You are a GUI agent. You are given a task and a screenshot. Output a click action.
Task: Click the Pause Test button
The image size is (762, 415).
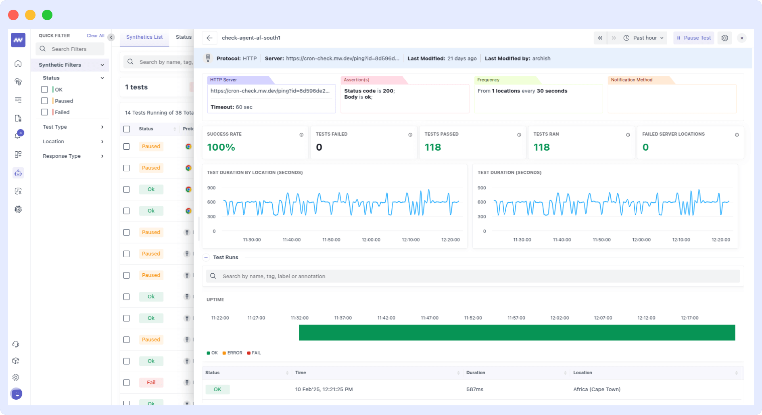pyautogui.click(x=693, y=38)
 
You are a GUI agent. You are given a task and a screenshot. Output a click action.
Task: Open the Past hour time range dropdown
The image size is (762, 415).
pyautogui.click(x=644, y=38)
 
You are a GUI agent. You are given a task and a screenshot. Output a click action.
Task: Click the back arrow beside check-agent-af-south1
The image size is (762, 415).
pyautogui.click(x=209, y=38)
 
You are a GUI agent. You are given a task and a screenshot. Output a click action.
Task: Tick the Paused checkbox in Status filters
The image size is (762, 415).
pyautogui.click(x=45, y=101)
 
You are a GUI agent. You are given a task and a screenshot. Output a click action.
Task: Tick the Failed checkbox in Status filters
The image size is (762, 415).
pyautogui.click(x=45, y=112)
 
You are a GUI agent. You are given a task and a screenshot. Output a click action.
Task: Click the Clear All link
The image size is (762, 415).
pyautogui.click(x=95, y=36)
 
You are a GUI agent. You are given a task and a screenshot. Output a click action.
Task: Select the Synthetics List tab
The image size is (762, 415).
pyautogui.click(x=144, y=37)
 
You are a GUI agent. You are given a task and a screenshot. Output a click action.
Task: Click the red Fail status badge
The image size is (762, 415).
pyautogui.click(x=151, y=382)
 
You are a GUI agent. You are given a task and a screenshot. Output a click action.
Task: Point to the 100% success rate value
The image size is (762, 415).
pyautogui.click(x=221, y=147)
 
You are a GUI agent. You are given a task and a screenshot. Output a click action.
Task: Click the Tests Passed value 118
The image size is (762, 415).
pyautogui.click(x=432, y=147)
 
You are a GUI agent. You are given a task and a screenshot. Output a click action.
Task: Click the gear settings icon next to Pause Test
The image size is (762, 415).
pyautogui.click(x=724, y=38)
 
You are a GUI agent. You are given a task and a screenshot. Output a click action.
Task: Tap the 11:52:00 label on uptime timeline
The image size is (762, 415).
pyautogui.click(x=473, y=318)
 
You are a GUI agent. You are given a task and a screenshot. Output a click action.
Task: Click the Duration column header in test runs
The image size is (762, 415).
pyautogui.click(x=476, y=373)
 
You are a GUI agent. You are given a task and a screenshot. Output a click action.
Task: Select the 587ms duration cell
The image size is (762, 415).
pyautogui.click(x=474, y=390)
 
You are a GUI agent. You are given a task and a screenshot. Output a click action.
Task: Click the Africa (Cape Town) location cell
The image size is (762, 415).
pyautogui.click(x=597, y=390)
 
